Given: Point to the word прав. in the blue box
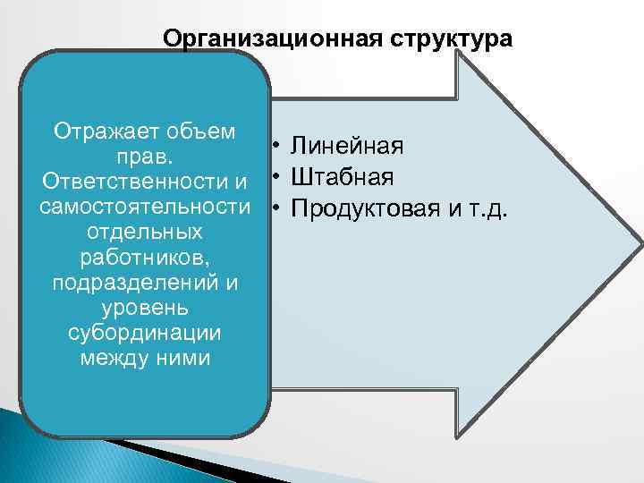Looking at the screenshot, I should click(144, 157).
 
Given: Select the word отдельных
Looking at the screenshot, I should click(145, 233).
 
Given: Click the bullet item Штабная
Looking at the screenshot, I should click(343, 177).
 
